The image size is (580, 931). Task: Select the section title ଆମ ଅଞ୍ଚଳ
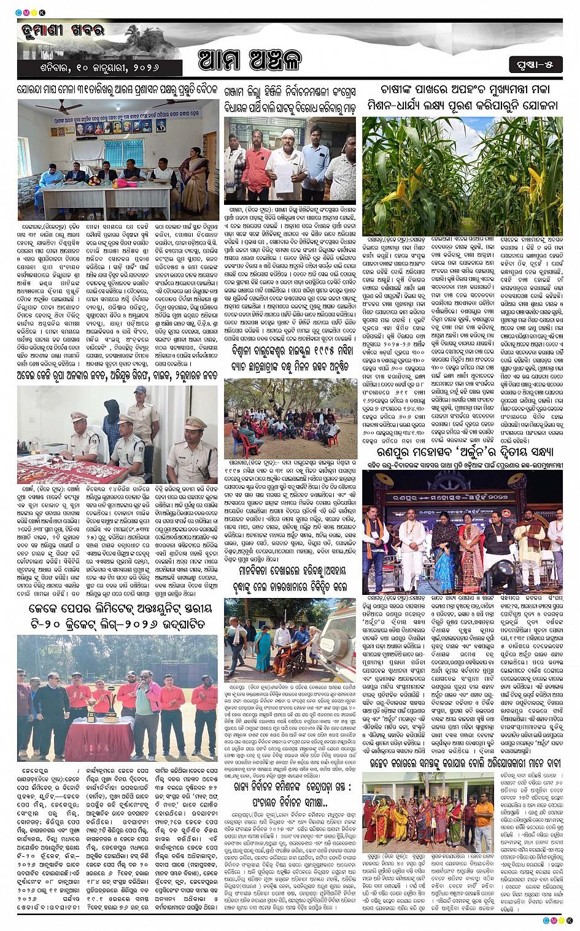pyautogui.click(x=250, y=62)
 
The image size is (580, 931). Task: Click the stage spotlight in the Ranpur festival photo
pyautogui.click(x=500, y=575)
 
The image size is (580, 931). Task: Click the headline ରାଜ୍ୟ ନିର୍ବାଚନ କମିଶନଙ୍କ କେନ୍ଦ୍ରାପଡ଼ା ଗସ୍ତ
pyautogui.click(x=292, y=787)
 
